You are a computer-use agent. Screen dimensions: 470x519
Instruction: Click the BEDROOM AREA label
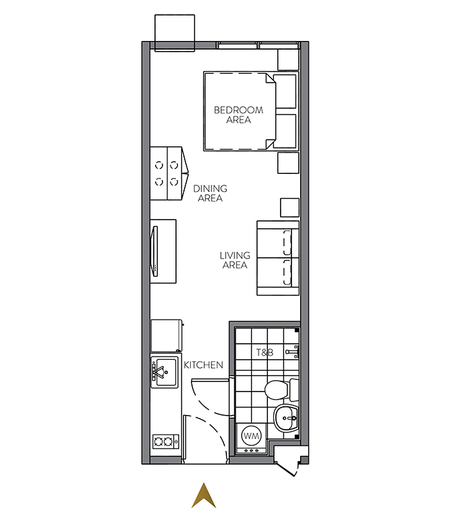[x=238, y=115]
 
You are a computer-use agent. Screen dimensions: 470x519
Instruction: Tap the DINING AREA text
[x=210, y=193]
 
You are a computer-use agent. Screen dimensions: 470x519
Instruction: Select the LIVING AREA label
[x=235, y=260]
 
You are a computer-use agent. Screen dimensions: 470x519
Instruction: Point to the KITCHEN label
[x=203, y=365]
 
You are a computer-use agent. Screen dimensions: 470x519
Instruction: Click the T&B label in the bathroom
[x=265, y=352]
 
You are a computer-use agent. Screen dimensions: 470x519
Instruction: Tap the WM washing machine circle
[x=251, y=436]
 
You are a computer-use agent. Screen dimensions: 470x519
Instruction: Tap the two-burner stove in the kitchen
[x=165, y=441]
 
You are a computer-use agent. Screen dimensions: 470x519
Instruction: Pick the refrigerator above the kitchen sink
[x=167, y=336]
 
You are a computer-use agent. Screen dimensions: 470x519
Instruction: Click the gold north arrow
[x=203, y=496]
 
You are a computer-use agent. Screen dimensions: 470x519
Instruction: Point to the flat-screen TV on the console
[x=154, y=251]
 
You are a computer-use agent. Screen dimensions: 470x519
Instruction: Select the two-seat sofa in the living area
[x=278, y=258]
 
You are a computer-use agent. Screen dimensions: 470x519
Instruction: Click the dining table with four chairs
[x=169, y=173]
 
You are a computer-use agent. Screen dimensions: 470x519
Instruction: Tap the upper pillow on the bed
[x=285, y=92]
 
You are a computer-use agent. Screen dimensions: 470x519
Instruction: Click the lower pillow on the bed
[x=285, y=131]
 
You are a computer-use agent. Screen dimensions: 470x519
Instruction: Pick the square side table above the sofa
[x=289, y=207]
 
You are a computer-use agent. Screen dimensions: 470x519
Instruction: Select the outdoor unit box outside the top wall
[x=175, y=33]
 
